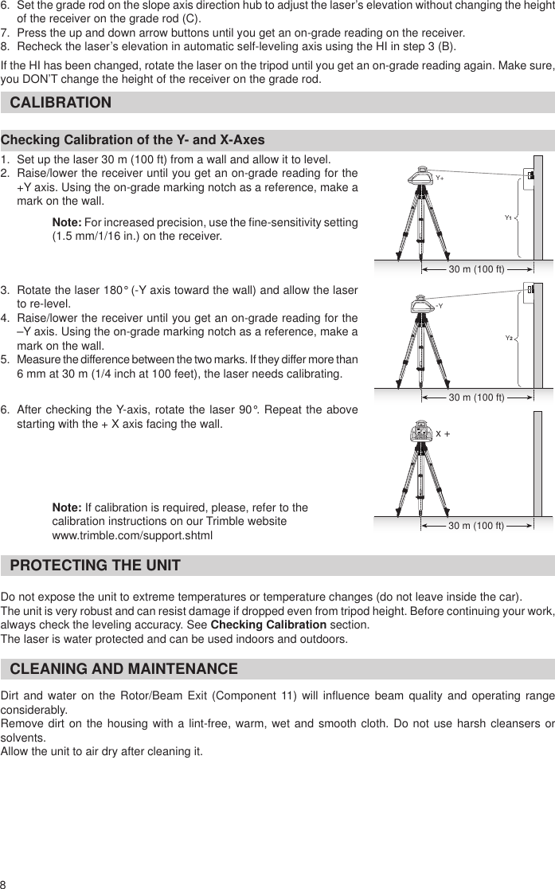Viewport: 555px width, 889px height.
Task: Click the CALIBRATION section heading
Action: (x=61, y=103)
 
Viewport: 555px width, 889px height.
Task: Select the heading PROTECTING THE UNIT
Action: (x=95, y=566)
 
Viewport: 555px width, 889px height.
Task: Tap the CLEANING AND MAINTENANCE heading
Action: (x=123, y=668)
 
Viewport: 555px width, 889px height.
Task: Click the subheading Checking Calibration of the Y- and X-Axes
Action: (x=133, y=140)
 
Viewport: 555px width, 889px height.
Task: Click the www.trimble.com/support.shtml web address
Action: (x=132, y=535)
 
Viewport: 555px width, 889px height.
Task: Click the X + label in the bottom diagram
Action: (x=443, y=433)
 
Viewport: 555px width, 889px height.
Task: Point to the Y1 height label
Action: (x=508, y=216)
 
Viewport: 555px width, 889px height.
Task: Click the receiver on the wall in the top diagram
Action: (x=529, y=176)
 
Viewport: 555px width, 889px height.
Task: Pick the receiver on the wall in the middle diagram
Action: (x=530, y=289)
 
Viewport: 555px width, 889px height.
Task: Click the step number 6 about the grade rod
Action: (x=6, y=5)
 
